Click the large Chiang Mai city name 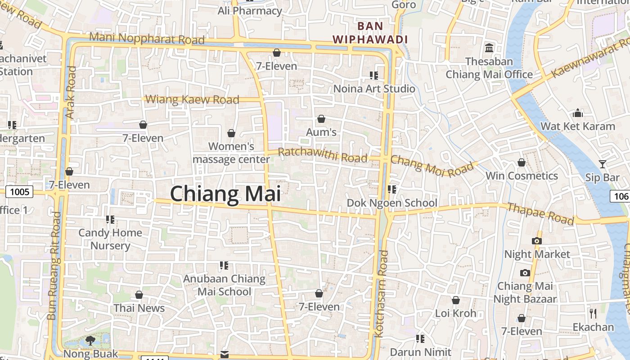point(225,194)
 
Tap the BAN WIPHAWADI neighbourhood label point(370,32)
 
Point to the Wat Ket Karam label point(577,126)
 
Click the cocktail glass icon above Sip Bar point(603,164)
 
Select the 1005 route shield point(19,192)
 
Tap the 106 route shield point(621,196)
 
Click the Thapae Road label point(540,214)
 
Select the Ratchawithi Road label point(323,155)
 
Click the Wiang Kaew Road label point(193,99)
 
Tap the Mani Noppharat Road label point(147,38)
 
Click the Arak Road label point(71,93)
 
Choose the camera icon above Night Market point(536,241)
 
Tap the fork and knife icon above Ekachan point(593,313)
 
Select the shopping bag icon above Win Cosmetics point(522,162)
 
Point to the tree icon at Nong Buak point(90,340)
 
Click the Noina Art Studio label point(374,89)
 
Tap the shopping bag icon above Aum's point(321,119)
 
